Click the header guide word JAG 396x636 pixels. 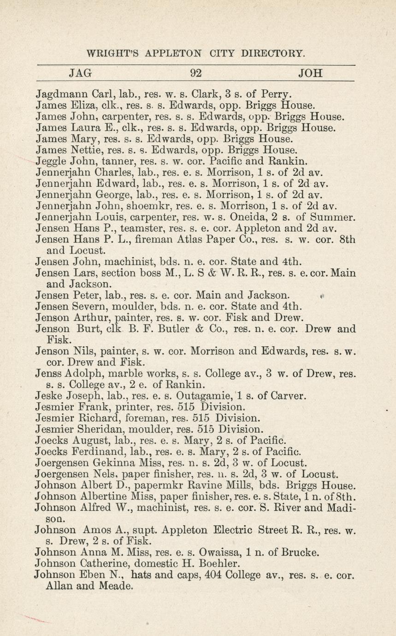coord(81,73)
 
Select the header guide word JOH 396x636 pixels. coord(310,73)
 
